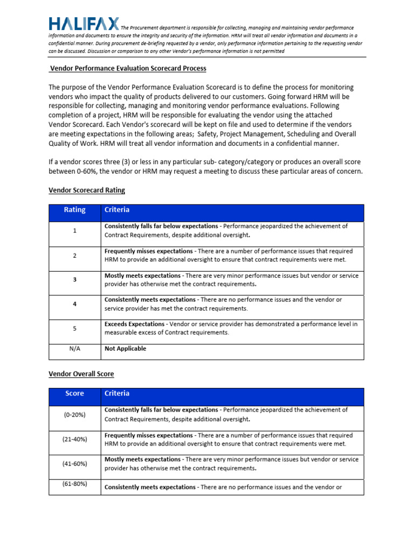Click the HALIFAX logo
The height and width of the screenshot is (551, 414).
84,24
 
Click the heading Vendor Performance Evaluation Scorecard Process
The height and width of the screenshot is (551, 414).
127,69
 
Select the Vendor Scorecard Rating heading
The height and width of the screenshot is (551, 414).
87,190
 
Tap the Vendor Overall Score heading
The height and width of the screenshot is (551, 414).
81,373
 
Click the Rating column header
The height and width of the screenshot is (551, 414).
74,210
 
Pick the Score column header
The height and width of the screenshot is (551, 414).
74,393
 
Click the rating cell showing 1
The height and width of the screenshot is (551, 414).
74,231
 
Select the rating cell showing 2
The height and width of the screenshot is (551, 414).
74,256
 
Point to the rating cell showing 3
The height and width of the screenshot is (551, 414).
74,280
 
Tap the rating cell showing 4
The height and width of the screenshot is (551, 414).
74,304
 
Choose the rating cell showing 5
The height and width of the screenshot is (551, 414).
74,328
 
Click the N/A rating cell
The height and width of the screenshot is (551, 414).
74,349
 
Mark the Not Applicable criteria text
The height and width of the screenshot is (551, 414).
125,349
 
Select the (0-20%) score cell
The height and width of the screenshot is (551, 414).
74,414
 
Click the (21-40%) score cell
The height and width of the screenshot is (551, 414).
74,439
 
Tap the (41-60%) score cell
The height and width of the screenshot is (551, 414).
74,463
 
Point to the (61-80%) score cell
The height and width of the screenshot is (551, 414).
74,484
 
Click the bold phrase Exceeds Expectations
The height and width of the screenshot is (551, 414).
134,324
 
